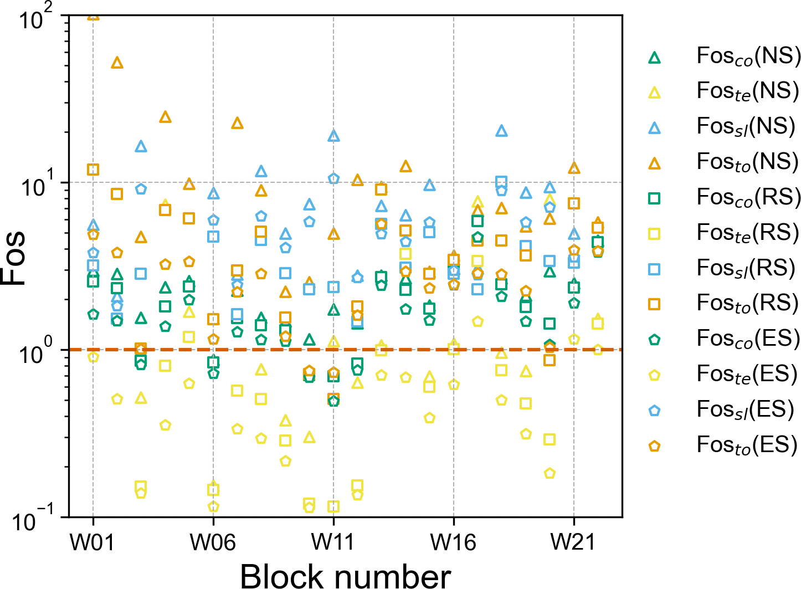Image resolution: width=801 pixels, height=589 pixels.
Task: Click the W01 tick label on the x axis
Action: pyautogui.click(x=93, y=542)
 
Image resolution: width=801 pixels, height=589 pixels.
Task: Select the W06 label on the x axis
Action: pyautogui.click(x=213, y=542)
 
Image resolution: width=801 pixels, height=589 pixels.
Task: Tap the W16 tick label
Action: pyautogui.click(x=453, y=542)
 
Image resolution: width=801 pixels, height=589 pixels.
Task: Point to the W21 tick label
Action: pyautogui.click(x=573, y=542)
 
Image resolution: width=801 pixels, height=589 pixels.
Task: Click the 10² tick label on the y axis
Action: pyautogui.click(x=35, y=19)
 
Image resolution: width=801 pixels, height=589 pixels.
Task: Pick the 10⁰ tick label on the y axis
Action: pyautogui.click(x=35, y=354)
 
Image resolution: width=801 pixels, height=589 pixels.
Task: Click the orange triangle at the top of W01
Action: pyautogui.click(x=93, y=16)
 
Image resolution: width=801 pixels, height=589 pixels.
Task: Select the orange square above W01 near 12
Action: pyautogui.click(x=93, y=170)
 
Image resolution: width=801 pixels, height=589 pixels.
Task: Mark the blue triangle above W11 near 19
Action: pyautogui.click(x=333, y=136)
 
